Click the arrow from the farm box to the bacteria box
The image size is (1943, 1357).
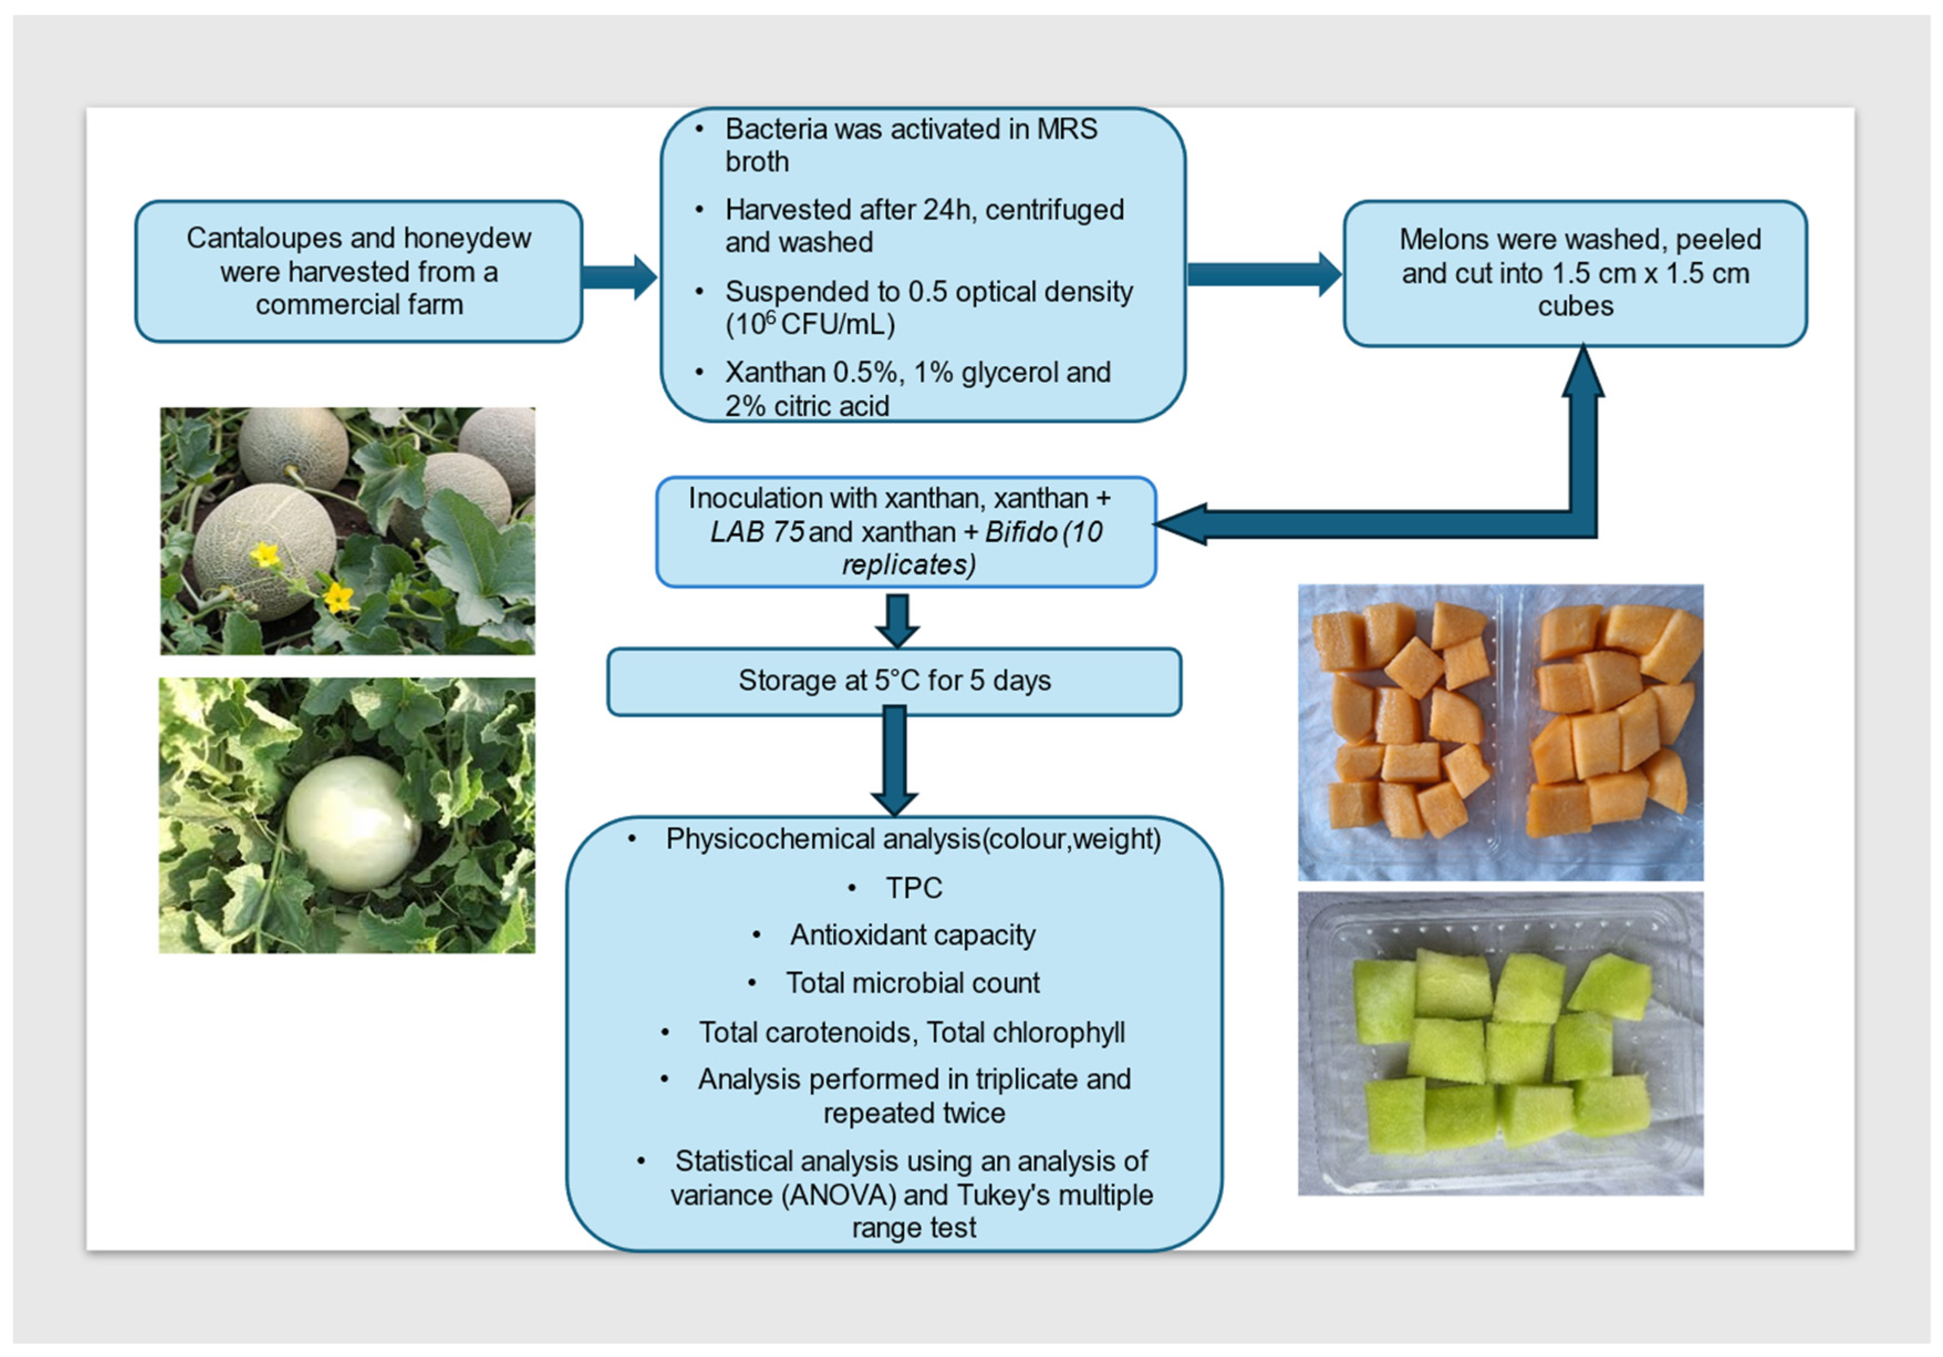(620, 277)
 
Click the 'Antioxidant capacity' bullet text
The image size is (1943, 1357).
(912, 935)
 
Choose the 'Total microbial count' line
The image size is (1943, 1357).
(912, 983)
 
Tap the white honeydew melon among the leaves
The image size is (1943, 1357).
(353, 822)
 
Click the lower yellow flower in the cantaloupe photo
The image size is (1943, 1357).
(339, 597)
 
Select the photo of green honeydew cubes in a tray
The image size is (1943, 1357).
(1500, 1043)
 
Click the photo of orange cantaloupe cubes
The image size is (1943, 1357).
(1500, 732)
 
